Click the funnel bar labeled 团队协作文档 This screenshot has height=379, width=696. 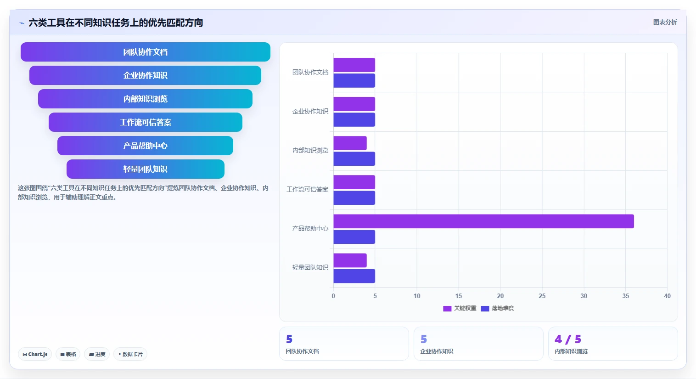(146, 52)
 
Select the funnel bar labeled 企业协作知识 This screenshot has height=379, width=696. (146, 75)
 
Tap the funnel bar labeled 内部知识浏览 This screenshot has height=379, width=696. (146, 99)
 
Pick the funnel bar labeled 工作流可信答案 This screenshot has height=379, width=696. (146, 122)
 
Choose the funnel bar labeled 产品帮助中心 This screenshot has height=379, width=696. (146, 146)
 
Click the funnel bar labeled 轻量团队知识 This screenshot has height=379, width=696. (146, 169)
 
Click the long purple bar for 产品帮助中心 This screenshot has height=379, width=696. (483, 221)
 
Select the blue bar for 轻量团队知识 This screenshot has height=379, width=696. (354, 276)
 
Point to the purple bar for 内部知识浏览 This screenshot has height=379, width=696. (350, 143)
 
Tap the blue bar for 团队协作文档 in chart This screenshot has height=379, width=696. (354, 80)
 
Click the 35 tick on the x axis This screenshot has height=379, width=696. (625, 296)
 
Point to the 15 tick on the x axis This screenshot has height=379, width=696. (459, 296)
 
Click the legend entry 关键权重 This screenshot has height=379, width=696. (460, 308)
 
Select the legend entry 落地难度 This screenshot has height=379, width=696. (498, 308)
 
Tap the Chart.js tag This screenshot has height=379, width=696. (35, 354)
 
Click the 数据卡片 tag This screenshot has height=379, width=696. (130, 354)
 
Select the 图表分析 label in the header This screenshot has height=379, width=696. (665, 23)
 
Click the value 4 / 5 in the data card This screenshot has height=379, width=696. (568, 339)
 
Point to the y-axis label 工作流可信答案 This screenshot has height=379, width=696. (307, 189)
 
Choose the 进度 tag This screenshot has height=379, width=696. (97, 354)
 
